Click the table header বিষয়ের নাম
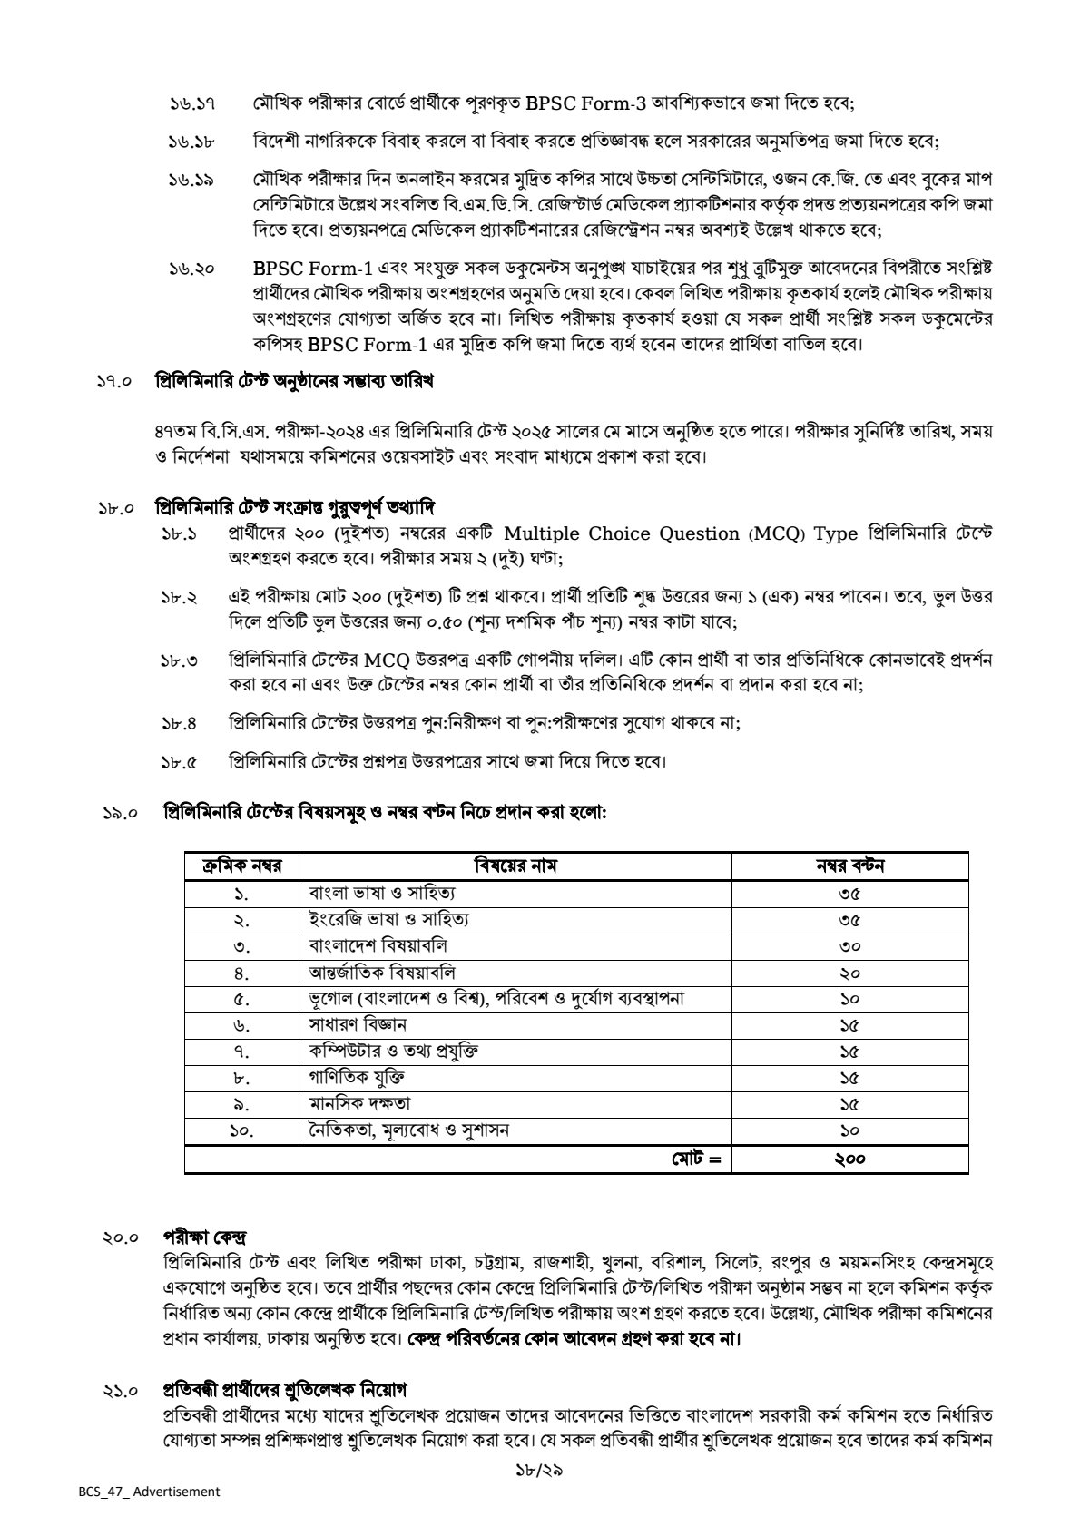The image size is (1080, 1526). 515,866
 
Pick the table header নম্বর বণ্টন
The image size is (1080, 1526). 849,866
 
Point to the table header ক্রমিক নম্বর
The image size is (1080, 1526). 241,866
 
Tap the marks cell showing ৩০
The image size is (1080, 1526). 849,945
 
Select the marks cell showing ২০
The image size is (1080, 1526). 849,973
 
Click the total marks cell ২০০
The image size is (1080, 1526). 849,1159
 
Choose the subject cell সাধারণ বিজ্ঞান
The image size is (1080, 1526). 358,1025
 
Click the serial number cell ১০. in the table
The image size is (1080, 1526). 241,1130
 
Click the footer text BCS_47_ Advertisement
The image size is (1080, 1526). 148,1492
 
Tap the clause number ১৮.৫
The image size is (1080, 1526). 180,762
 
